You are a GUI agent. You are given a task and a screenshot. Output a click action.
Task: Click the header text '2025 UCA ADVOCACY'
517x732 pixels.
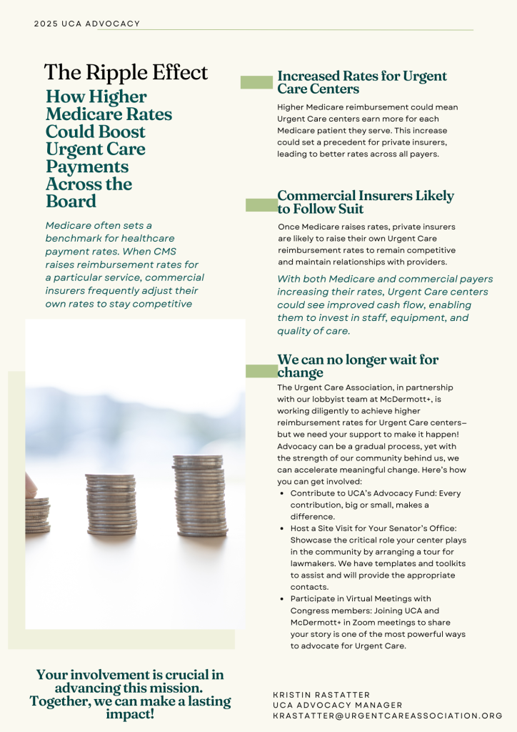coord(87,24)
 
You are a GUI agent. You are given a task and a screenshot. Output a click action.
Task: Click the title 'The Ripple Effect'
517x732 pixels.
coord(126,72)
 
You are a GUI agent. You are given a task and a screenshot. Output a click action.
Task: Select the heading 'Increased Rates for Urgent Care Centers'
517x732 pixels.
coord(362,82)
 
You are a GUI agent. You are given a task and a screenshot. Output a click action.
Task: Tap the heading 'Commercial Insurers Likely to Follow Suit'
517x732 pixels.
coord(366,202)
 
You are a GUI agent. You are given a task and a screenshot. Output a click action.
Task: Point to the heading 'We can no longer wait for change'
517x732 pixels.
coord(358,366)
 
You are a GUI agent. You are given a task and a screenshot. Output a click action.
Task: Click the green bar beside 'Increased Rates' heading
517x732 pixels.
coord(256,82)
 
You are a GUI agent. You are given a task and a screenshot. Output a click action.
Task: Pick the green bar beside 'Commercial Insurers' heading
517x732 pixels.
coord(261,205)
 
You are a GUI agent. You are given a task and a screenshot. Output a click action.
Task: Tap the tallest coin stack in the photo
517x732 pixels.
coord(199,495)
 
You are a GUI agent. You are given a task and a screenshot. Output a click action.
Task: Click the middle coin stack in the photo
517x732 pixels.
coord(111,504)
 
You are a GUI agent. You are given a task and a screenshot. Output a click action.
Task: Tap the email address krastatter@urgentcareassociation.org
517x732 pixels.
coord(388,716)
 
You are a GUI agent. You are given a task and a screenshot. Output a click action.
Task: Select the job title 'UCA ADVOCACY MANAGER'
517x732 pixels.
coord(338,706)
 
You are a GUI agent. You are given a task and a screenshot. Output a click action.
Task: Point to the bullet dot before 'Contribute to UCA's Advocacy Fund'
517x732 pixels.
coord(283,493)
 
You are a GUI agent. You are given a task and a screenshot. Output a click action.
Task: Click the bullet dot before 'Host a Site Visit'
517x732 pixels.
coord(283,528)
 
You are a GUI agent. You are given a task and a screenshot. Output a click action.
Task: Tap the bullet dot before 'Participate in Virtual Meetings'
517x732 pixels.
coord(283,598)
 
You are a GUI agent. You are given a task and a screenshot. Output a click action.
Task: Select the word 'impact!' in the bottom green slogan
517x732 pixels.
coord(130,714)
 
